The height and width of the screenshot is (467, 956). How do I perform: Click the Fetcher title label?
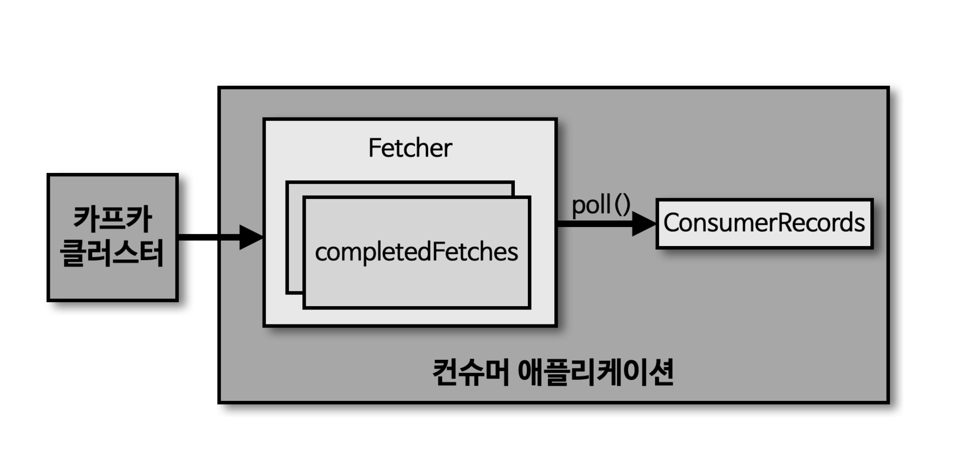pyautogui.click(x=410, y=148)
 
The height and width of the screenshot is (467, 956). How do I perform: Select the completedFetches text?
pyautogui.click(x=416, y=252)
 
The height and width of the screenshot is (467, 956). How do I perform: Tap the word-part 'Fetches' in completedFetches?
pyautogui.click(x=475, y=252)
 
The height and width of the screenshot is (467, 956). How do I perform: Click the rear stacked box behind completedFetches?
pyautogui.click(x=401, y=188)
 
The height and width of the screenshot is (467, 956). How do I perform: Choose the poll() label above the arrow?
pyautogui.click(x=601, y=205)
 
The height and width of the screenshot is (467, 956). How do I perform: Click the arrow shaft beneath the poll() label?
pyautogui.click(x=594, y=224)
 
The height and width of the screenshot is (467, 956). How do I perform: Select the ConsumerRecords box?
pyautogui.click(x=764, y=223)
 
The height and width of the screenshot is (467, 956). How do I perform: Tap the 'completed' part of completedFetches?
pyautogui.click(x=373, y=252)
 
